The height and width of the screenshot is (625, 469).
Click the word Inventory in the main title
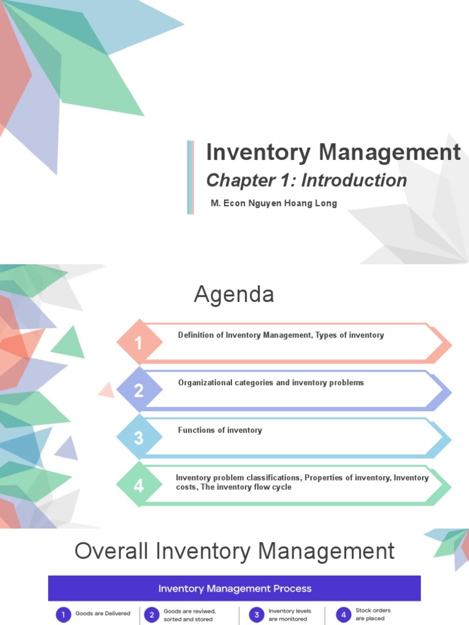pyautogui.click(x=258, y=153)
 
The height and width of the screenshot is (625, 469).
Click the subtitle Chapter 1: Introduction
pyautogui.click(x=307, y=180)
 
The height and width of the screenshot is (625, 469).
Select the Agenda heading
pyautogui.click(x=234, y=295)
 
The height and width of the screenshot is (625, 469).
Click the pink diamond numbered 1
pyautogui.click(x=139, y=343)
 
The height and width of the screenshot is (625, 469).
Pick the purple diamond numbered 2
pyautogui.click(x=139, y=390)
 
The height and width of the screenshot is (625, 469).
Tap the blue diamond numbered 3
pyautogui.click(x=139, y=438)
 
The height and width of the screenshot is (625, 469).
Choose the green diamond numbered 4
pyautogui.click(x=139, y=485)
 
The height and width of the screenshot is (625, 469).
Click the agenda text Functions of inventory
pyautogui.click(x=220, y=430)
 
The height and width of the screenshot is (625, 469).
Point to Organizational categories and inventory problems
pyautogui.click(x=271, y=383)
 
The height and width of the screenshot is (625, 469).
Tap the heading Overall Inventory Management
pyautogui.click(x=234, y=551)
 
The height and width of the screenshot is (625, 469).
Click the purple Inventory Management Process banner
pyautogui.click(x=234, y=588)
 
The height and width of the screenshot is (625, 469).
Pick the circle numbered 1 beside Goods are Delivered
pyautogui.click(x=64, y=614)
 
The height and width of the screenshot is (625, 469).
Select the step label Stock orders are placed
pyautogui.click(x=373, y=614)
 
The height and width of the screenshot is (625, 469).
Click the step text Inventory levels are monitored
pyautogui.click(x=289, y=615)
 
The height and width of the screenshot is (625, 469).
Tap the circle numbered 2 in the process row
pyautogui.click(x=151, y=614)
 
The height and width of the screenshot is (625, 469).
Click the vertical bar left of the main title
pyautogui.click(x=191, y=177)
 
